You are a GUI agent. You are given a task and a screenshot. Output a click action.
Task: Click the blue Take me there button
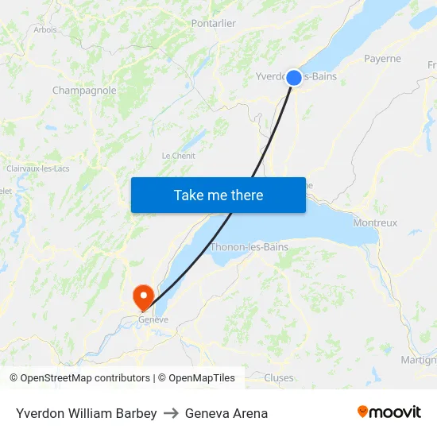218,195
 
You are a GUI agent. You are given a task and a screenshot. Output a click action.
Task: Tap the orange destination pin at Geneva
144,297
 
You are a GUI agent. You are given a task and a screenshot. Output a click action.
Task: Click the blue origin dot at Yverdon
294,77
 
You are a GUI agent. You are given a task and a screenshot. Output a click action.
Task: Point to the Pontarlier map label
213,24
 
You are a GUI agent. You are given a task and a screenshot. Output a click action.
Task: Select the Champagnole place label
84,91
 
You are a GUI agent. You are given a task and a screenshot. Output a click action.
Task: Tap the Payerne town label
382,59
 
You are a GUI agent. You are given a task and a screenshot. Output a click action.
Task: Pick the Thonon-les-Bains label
249,247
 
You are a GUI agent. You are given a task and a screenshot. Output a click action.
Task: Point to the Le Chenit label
178,156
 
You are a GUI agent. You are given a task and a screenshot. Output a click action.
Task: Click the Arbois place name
45,29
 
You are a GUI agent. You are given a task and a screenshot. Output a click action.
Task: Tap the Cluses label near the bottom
278,378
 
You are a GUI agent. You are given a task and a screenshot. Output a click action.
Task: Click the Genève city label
153,319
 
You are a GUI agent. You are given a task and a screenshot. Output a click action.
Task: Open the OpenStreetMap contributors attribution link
85,378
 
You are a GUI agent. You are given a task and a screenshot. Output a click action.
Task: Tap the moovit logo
389,412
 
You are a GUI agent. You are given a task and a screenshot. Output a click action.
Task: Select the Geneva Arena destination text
226,413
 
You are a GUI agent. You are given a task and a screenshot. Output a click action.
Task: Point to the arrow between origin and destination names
171,413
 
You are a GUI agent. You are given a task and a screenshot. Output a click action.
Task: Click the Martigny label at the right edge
419,360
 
